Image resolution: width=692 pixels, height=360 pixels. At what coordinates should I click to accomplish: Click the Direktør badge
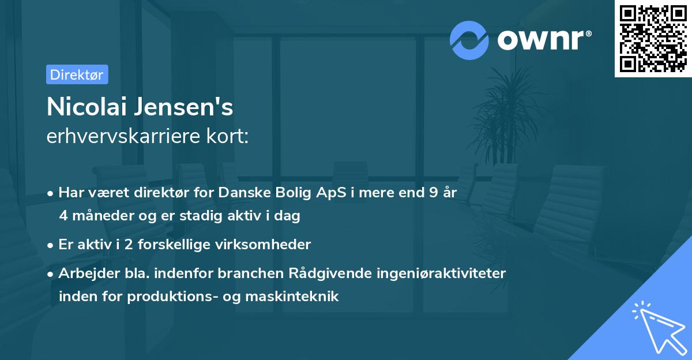tap(77, 74)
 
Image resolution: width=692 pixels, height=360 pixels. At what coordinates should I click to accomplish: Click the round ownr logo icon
tap(469, 40)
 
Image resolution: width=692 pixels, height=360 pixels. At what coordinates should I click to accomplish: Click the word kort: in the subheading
tap(231, 136)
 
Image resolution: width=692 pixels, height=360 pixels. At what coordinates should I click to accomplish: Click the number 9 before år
tap(433, 193)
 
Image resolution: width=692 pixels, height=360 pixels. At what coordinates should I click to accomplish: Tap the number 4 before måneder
tap(63, 216)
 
